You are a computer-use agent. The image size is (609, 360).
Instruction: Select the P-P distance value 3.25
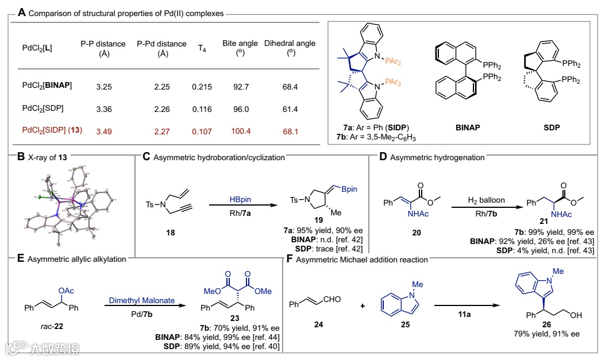[x=104, y=87]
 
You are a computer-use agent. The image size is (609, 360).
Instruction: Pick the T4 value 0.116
[x=202, y=109]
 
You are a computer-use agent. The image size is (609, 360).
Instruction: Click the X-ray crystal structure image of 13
[x=72, y=201]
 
